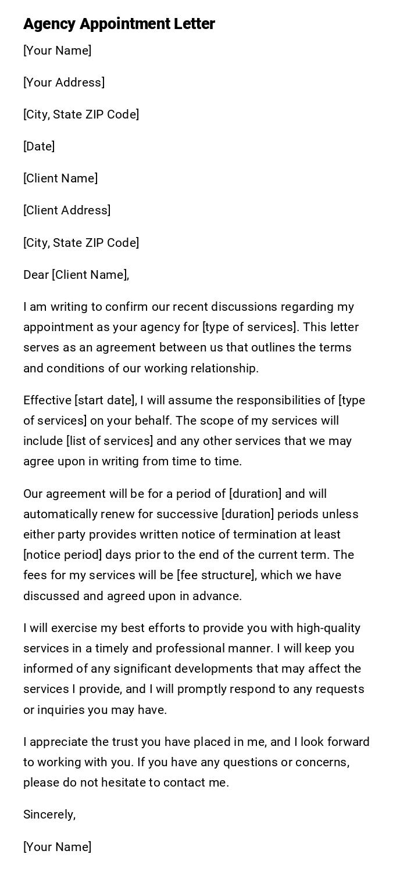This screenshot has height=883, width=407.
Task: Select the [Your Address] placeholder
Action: pyautogui.click(x=64, y=82)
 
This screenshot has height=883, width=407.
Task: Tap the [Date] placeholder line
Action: pyautogui.click(x=39, y=146)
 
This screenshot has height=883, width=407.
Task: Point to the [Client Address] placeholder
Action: pyautogui.click(x=67, y=210)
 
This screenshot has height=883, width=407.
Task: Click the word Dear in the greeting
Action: pyautogui.click(x=36, y=275)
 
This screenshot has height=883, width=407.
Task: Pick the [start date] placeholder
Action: pyautogui.click(x=105, y=400)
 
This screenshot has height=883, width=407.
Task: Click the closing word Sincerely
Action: pyautogui.click(x=49, y=814)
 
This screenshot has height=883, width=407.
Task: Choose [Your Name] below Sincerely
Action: pyautogui.click(x=57, y=847)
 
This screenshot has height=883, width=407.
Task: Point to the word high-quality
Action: pyautogui.click(x=329, y=628)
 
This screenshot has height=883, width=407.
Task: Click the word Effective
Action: pyautogui.click(x=47, y=400)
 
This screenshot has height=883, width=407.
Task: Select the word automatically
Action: pyautogui.click(x=60, y=514)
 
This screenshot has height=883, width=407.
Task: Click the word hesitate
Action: pyautogui.click(x=133, y=783)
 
